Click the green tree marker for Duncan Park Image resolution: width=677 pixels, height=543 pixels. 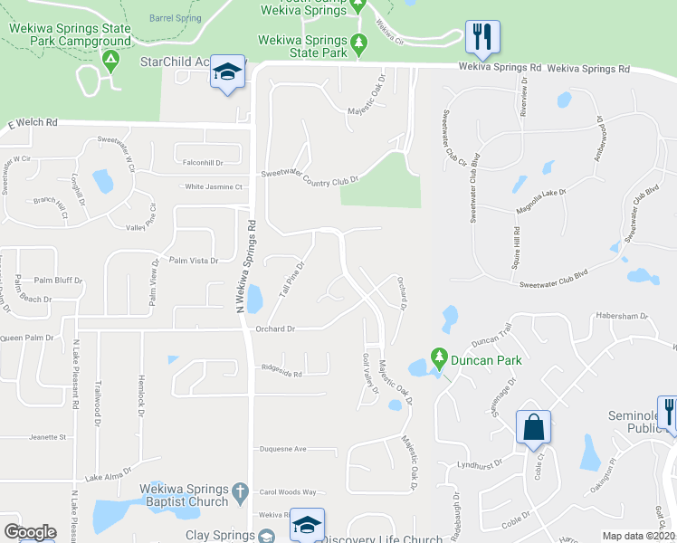pos(440,359)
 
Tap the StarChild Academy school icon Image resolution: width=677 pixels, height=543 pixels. pos(227,71)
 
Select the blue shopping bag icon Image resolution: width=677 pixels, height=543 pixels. pos(533,426)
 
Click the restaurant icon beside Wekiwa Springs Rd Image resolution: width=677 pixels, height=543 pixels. pos(482,37)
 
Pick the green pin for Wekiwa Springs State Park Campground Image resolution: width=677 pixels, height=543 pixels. pos(111,62)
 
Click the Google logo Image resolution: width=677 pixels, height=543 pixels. pos(30,532)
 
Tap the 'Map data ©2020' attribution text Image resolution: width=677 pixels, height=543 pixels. pos(639,536)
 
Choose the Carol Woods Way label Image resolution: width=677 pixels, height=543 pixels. pos(288,492)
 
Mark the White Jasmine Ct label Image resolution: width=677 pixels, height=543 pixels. pos(215,186)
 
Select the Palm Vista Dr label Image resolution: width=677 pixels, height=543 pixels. pos(194,261)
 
